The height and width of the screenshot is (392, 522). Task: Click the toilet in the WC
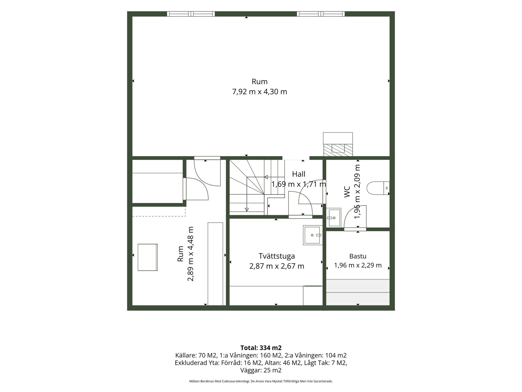point(378,188)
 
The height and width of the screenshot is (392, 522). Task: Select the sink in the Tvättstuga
point(313,235)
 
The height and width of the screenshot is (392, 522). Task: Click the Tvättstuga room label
point(276,256)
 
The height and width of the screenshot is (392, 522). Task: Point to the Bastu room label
point(358,256)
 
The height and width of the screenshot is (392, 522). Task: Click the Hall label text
point(299,174)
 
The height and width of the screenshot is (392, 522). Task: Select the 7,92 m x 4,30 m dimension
point(259,92)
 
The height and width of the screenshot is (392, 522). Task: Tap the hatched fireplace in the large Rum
point(338,150)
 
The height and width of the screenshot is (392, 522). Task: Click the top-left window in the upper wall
point(191,14)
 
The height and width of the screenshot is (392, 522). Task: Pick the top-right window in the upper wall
point(321,14)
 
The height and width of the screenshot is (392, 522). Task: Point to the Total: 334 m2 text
point(261,348)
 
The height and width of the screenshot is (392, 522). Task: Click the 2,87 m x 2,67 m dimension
point(276,266)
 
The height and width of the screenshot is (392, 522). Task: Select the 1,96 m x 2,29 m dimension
point(358,265)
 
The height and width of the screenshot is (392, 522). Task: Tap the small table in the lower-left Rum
point(148,257)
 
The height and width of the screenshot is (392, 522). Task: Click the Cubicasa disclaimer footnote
point(261,381)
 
